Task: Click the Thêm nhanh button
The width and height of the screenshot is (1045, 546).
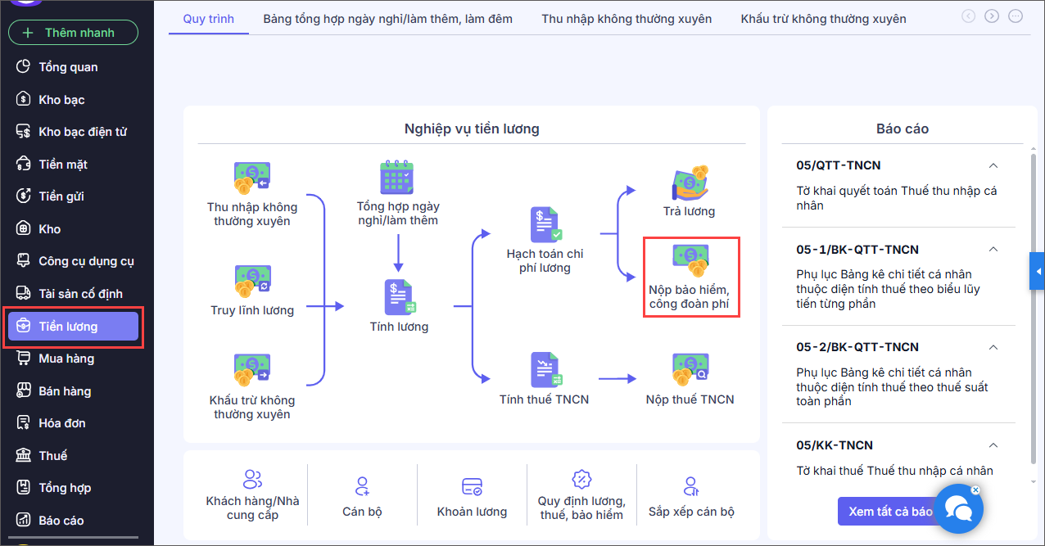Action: [73, 33]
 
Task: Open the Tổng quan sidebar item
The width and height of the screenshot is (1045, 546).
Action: [68, 67]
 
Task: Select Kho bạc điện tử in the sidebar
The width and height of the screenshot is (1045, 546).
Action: [82, 132]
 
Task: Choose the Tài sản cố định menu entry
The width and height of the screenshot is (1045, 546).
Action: [80, 294]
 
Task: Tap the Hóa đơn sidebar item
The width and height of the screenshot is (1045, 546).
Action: [61, 423]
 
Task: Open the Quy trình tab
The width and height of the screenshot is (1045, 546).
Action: [208, 19]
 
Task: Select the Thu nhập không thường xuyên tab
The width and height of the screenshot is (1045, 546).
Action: [627, 19]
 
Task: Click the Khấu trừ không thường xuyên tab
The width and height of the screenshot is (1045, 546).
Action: [823, 19]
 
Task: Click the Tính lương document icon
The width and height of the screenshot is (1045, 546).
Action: [400, 297]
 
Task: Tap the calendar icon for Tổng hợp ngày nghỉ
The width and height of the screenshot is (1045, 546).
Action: [398, 177]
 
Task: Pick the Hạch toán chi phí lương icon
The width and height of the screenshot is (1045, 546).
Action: [545, 224]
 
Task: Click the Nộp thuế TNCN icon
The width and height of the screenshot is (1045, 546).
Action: [690, 369]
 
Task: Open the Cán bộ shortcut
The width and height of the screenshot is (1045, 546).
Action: [362, 487]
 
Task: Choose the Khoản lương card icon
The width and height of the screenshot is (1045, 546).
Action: [472, 487]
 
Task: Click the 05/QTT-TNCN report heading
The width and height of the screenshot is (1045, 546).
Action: [839, 165]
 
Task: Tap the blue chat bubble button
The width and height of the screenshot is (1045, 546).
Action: [958, 508]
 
